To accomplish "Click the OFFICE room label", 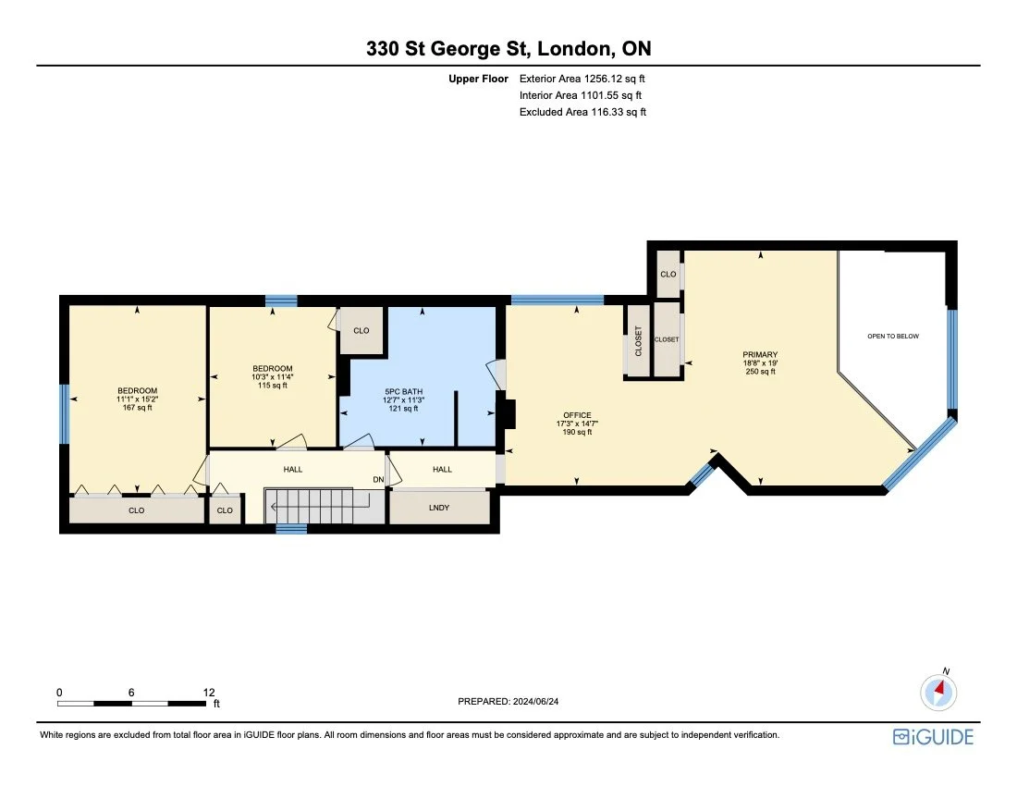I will click(577, 415).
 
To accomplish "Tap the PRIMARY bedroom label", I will click(760, 354).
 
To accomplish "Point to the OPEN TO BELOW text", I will click(893, 337).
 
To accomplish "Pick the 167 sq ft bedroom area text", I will click(137, 408).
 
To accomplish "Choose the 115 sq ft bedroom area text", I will click(272, 386).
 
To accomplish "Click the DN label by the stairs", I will click(378, 479).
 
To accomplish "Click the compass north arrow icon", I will click(938, 691).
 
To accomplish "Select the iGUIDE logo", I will click(933, 736).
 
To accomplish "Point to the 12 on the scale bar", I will click(209, 692).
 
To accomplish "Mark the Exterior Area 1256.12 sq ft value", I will click(581, 80).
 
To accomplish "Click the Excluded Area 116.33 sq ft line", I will click(582, 111).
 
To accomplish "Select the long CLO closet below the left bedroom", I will click(137, 510).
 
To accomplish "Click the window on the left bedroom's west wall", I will click(65, 414).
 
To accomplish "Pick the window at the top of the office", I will click(557, 300).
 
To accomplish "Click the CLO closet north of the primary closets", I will click(668, 275).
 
